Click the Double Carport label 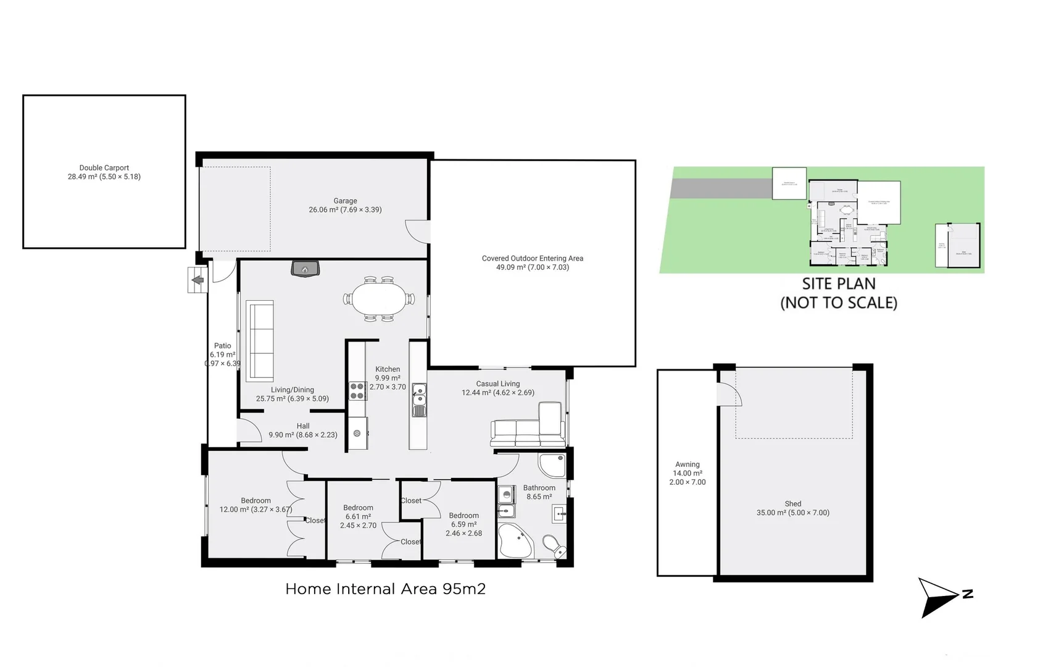pyautogui.click(x=104, y=168)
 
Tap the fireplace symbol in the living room pyautogui.click(x=305, y=269)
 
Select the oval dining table pyautogui.click(x=378, y=299)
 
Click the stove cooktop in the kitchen pyautogui.click(x=357, y=391)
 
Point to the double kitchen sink pyautogui.click(x=419, y=399)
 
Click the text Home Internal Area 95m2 pyautogui.click(x=385, y=589)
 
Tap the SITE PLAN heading pyautogui.click(x=838, y=284)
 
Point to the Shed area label pyautogui.click(x=792, y=508)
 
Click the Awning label pyautogui.click(x=687, y=464)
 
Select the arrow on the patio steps pyautogui.click(x=197, y=280)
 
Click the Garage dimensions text pyautogui.click(x=345, y=210)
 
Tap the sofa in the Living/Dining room pyautogui.click(x=260, y=340)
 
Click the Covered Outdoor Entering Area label pyautogui.click(x=532, y=259)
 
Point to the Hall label pyautogui.click(x=302, y=426)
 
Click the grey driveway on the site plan pyautogui.click(x=721, y=188)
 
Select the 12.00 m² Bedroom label pyautogui.click(x=256, y=505)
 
